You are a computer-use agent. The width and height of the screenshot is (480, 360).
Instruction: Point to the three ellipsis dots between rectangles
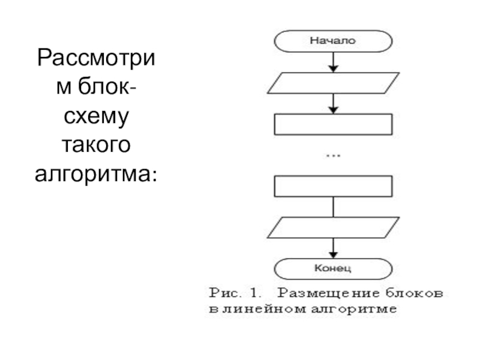click(333, 156)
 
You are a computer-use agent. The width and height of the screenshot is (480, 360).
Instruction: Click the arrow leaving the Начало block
click(333, 62)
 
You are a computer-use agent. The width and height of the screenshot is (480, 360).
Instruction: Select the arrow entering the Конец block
click(333, 248)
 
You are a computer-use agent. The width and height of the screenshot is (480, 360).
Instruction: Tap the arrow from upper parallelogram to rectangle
click(333, 103)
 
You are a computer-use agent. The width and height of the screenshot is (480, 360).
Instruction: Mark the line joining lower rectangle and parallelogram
click(333, 207)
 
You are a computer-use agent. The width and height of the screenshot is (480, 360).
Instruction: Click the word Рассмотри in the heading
click(96, 59)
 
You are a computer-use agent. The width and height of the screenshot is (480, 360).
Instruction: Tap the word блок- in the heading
click(96, 86)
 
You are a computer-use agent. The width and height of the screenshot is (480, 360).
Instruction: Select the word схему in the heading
click(96, 117)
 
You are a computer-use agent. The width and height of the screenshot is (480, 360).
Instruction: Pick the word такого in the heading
click(96, 145)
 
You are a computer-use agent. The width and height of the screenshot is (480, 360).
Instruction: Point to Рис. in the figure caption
click(224, 293)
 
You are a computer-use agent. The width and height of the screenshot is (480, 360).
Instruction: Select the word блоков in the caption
click(414, 293)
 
